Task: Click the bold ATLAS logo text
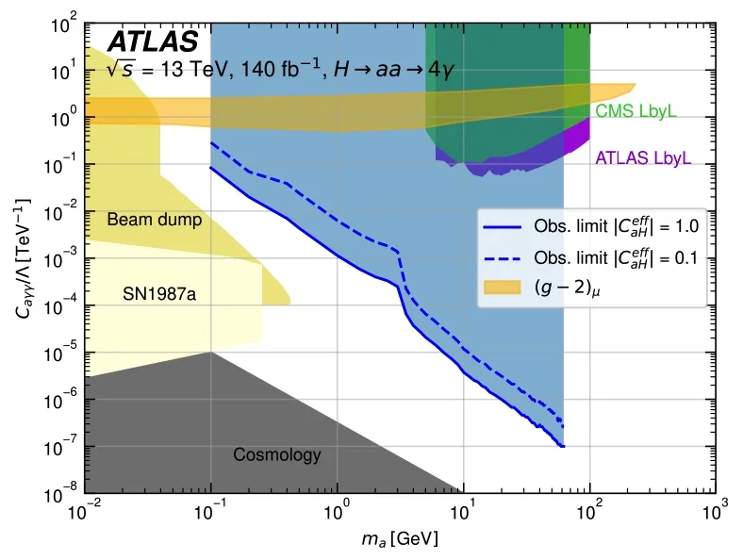point(153,41)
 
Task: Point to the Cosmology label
point(277,455)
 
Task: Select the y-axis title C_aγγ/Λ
point(23,256)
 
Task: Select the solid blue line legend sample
point(504,226)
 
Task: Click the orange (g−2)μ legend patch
point(504,286)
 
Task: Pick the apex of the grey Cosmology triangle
point(211,353)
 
